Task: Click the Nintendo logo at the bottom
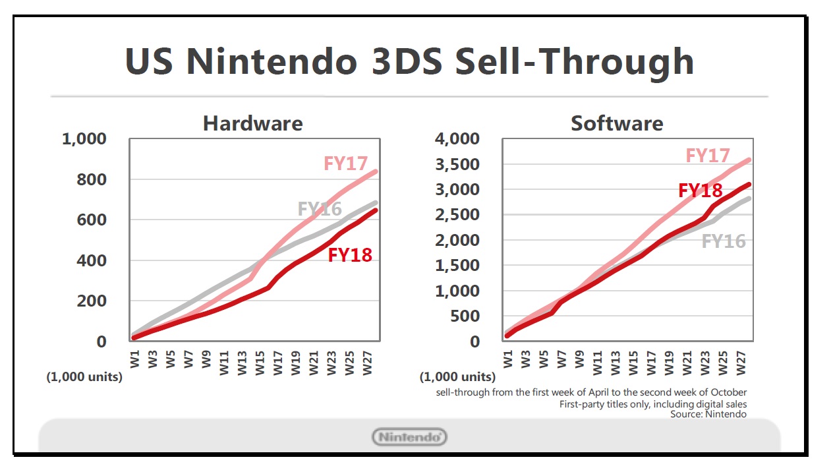click(410, 436)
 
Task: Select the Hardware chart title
click(253, 123)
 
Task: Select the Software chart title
click(617, 123)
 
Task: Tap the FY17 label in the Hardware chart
click(345, 163)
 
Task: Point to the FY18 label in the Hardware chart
click(350, 254)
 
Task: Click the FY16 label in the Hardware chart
click(320, 209)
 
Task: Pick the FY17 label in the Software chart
click(708, 156)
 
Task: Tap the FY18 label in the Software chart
click(701, 191)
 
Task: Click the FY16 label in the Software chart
click(724, 241)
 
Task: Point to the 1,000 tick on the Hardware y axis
click(84, 139)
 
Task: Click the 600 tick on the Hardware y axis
click(93, 220)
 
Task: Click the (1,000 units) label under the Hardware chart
click(84, 378)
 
